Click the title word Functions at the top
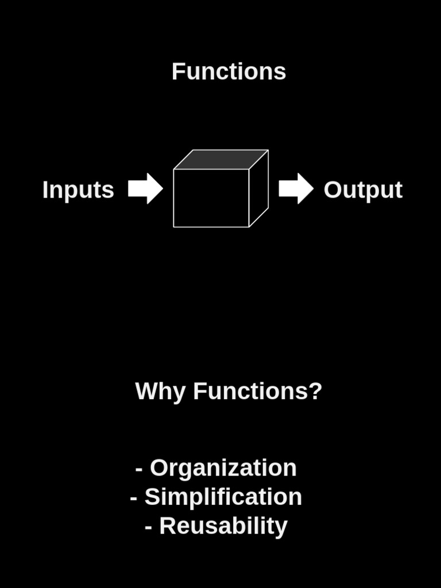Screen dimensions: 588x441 (x=229, y=72)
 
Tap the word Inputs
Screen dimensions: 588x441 (x=78, y=190)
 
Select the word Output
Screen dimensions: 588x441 (x=363, y=190)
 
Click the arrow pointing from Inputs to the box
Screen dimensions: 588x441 (x=145, y=188)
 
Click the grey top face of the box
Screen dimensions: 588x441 (x=221, y=159)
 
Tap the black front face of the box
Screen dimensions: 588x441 (x=211, y=198)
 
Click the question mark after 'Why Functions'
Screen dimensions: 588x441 (x=315, y=391)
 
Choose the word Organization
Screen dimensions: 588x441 (x=223, y=468)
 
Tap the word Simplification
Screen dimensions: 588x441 (x=223, y=497)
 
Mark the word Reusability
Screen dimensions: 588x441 (x=223, y=527)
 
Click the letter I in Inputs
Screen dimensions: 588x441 (x=45, y=190)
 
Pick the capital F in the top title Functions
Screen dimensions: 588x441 (x=177, y=72)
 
